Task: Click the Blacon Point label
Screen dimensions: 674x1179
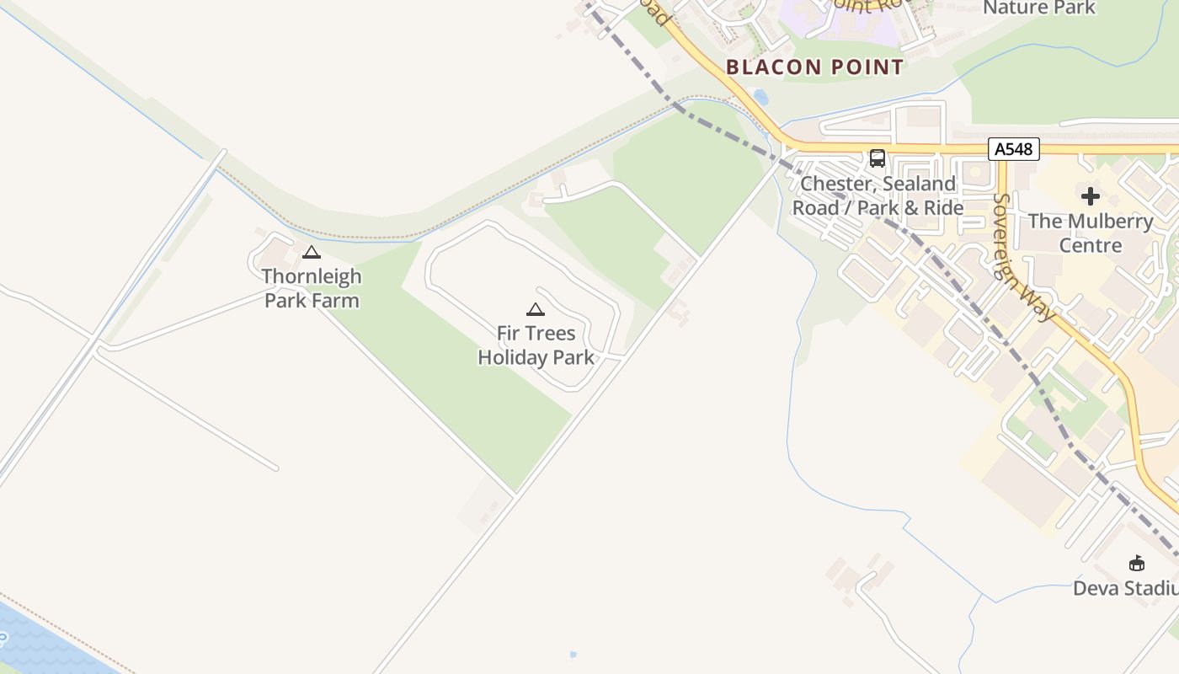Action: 814,67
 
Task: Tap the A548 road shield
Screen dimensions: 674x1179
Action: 1013,149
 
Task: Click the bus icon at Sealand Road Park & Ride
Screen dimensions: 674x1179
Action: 877,158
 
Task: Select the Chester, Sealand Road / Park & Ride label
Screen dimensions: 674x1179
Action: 878,195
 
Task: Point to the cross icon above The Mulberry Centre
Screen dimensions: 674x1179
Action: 1091,196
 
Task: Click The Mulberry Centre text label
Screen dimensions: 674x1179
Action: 1091,233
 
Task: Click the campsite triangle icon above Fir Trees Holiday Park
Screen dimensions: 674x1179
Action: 536,309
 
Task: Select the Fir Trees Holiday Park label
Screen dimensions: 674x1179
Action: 536,345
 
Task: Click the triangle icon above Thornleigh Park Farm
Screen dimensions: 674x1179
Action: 312,252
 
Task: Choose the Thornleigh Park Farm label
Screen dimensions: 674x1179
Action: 312,288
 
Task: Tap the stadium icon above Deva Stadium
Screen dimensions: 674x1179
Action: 1137,563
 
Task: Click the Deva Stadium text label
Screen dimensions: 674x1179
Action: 1127,588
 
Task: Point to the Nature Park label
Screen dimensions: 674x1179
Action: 1039,8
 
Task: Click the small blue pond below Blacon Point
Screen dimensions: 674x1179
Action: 761,97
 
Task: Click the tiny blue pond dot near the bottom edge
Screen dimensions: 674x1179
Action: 573,654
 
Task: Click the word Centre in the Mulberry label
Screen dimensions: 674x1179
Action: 1091,245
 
